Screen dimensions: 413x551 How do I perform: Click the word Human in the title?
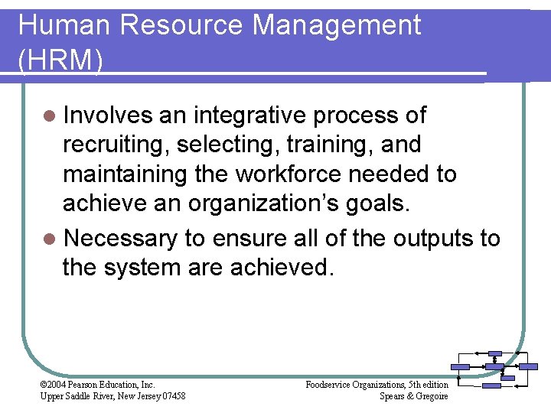(x=64, y=25)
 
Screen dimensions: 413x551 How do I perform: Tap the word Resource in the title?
(x=181, y=25)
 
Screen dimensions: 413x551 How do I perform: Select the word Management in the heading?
(x=337, y=25)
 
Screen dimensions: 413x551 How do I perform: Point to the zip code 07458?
(x=170, y=395)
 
